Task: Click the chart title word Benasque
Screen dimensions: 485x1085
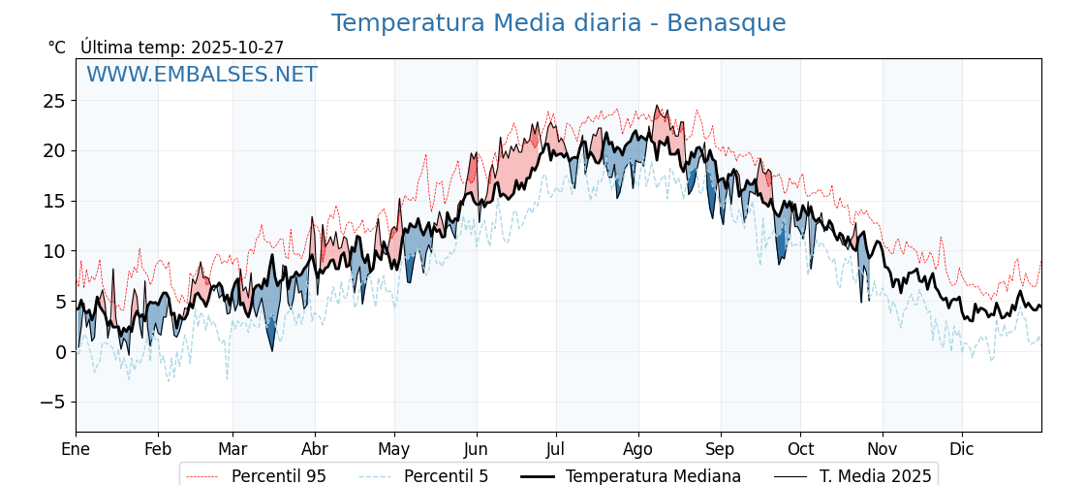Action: tap(726, 23)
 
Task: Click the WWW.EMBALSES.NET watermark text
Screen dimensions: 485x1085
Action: tap(201, 75)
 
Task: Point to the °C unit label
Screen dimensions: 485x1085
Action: tap(56, 48)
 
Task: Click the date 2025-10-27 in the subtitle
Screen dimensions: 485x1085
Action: tap(237, 48)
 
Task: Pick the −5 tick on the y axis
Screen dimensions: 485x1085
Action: tap(53, 402)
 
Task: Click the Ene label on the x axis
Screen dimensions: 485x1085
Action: tap(76, 449)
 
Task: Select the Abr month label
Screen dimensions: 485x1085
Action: tap(315, 449)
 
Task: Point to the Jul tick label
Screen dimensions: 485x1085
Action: tap(556, 449)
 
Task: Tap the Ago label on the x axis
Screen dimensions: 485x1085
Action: tap(637, 449)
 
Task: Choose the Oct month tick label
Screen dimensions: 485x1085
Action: tap(800, 449)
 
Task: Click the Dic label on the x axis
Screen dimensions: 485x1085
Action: tap(962, 449)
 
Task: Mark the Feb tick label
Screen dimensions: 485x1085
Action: tap(158, 449)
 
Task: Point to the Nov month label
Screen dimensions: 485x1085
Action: tap(883, 449)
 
